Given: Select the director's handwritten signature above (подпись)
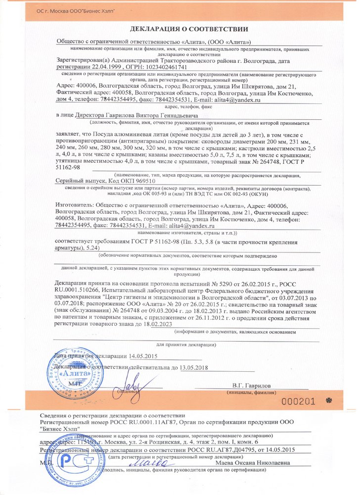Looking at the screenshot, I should (x=131, y=383).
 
